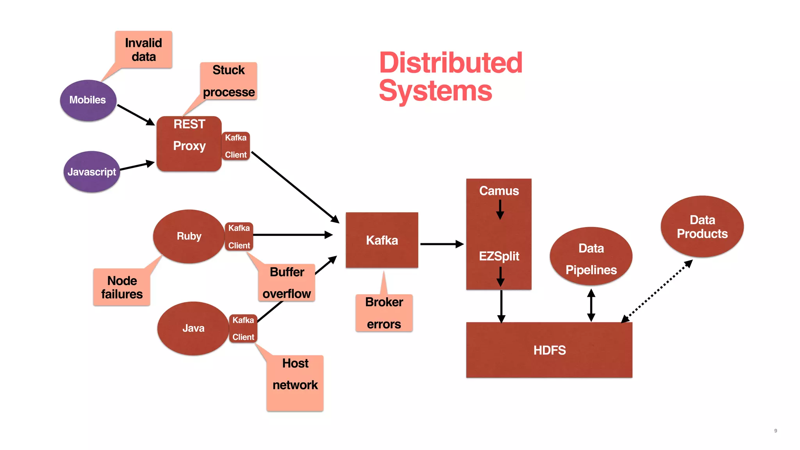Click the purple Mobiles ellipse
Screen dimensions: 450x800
pyautogui.click(x=88, y=100)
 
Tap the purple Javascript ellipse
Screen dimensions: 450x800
pyautogui.click(x=91, y=172)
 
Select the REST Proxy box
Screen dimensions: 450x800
pyautogui.click(x=189, y=143)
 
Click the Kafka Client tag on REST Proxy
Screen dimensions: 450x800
pyautogui.click(x=236, y=146)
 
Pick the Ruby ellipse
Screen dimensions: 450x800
pyautogui.click(x=189, y=236)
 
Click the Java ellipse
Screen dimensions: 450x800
pyautogui.click(x=193, y=328)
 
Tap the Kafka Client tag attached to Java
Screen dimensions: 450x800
pyautogui.click(x=243, y=329)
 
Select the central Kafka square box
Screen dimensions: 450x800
pyautogui.click(x=382, y=240)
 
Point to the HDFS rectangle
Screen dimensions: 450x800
pyautogui.click(x=549, y=350)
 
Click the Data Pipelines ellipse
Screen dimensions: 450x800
pyautogui.click(x=591, y=257)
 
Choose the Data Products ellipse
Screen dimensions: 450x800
pyautogui.click(x=702, y=227)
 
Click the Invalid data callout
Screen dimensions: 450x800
pyautogui.click(x=144, y=50)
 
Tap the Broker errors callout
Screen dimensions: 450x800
pyautogui.click(x=384, y=313)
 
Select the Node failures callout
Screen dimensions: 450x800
pyautogui.click(x=121, y=287)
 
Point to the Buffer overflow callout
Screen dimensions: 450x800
pyautogui.click(x=286, y=283)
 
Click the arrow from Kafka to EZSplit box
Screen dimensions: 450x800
pyautogui.click(x=441, y=244)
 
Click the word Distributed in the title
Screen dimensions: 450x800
pyautogui.click(x=450, y=63)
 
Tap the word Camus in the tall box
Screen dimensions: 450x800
pyautogui.click(x=499, y=191)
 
